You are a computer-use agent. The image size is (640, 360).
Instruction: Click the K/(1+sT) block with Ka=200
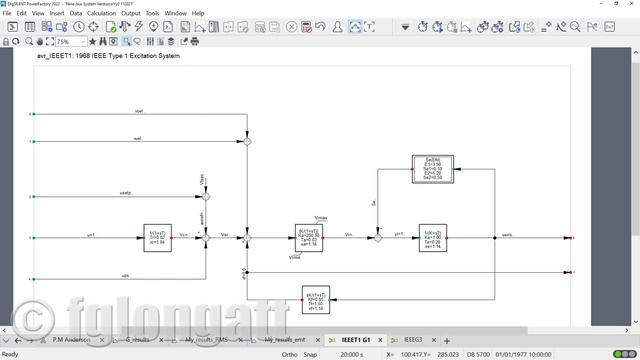point(310,237)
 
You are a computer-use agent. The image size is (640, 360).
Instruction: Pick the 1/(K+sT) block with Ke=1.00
point(434,237)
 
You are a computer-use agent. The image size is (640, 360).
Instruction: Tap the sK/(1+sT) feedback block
point(315,299)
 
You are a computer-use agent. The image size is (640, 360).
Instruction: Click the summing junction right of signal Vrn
point(377,238)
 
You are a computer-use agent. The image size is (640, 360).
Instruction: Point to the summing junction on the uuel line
point(248,142)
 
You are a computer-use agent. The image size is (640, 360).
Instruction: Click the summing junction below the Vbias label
point(207,195)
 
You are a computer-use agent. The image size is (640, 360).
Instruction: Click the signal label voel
point(138,110)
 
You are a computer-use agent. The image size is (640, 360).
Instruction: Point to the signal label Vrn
point(348,234)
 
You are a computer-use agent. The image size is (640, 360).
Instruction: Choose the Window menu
point(175,13)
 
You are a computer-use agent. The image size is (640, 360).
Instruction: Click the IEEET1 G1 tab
point(355,341)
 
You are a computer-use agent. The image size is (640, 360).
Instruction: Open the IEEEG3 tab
point(413,341)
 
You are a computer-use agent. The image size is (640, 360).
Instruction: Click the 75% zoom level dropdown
point(69,42)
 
